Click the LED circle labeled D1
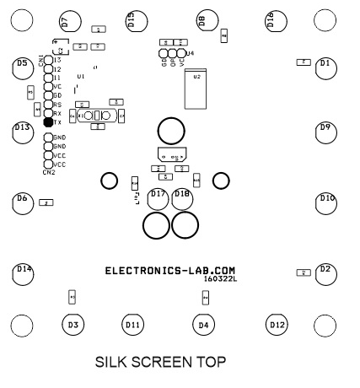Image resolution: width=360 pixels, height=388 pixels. [326, 66]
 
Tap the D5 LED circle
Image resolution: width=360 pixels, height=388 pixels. [24, 66]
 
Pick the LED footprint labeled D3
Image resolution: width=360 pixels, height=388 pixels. [73, 324]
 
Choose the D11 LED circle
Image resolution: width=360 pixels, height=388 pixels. [132, 324]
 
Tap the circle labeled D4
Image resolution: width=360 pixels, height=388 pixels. [201, 324]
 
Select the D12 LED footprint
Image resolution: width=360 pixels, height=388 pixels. [277, 324]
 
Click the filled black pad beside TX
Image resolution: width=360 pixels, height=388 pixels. [48, 122]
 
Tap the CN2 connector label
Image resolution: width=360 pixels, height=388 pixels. [49, 172]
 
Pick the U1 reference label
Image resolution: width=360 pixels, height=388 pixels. [81, 77]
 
